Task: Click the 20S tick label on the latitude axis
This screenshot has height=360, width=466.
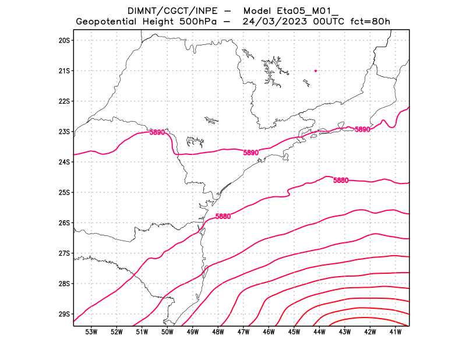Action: click(x=63, y=40)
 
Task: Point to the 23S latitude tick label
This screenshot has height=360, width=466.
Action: click(x=63, y=132)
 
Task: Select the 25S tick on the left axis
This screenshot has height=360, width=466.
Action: click(x=63, y=192)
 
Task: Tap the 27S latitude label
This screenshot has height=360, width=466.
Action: click(x=63, y=253)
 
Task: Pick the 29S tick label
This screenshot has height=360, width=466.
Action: click(x=63, y=314)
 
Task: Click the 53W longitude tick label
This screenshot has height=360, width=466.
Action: click(x=91, y=332)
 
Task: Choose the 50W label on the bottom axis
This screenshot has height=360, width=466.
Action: click(x=167, y=332)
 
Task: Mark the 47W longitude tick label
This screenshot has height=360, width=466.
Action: click(x=243, y=332)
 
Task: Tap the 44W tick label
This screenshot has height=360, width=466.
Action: click(x=319, y=332)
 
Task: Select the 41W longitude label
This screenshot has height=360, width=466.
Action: click(x=396, y=332)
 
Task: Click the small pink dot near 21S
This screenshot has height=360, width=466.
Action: click(x=315, y=70)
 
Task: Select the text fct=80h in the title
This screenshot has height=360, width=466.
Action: click(x=370, y=22)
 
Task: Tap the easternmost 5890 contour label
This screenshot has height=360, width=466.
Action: click(x=362, y=129)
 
